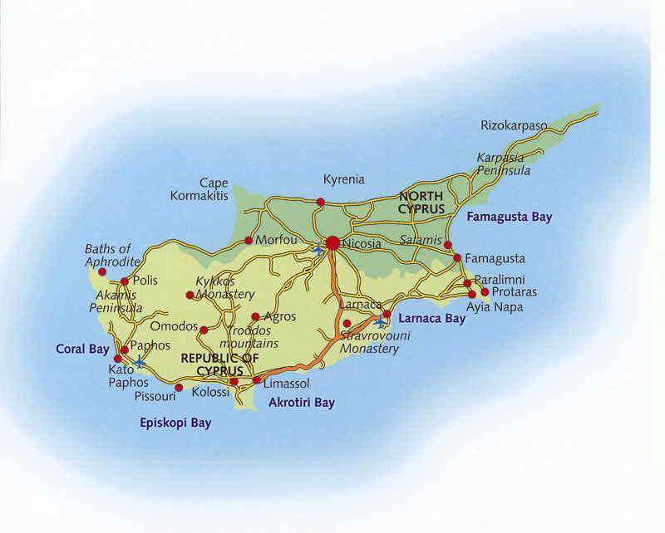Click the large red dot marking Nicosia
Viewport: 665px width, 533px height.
332,243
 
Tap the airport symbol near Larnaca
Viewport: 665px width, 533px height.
380,320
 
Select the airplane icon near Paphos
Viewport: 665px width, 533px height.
140,363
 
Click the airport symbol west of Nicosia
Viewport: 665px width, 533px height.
318,248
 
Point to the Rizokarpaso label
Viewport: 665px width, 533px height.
514,126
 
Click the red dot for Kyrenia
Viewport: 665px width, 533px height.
321,202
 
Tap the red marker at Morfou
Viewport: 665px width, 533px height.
249,241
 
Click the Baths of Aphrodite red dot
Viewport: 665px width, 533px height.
102,271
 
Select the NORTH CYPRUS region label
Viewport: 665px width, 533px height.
421,203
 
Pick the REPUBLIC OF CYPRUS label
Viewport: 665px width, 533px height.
213,364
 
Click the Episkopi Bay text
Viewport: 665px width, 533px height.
175,423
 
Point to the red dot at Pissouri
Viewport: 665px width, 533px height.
179,387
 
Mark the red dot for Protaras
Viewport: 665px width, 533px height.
485,291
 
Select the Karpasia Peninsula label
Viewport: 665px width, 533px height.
504,164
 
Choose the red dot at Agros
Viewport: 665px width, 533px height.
255,317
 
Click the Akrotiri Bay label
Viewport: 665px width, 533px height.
302,403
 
